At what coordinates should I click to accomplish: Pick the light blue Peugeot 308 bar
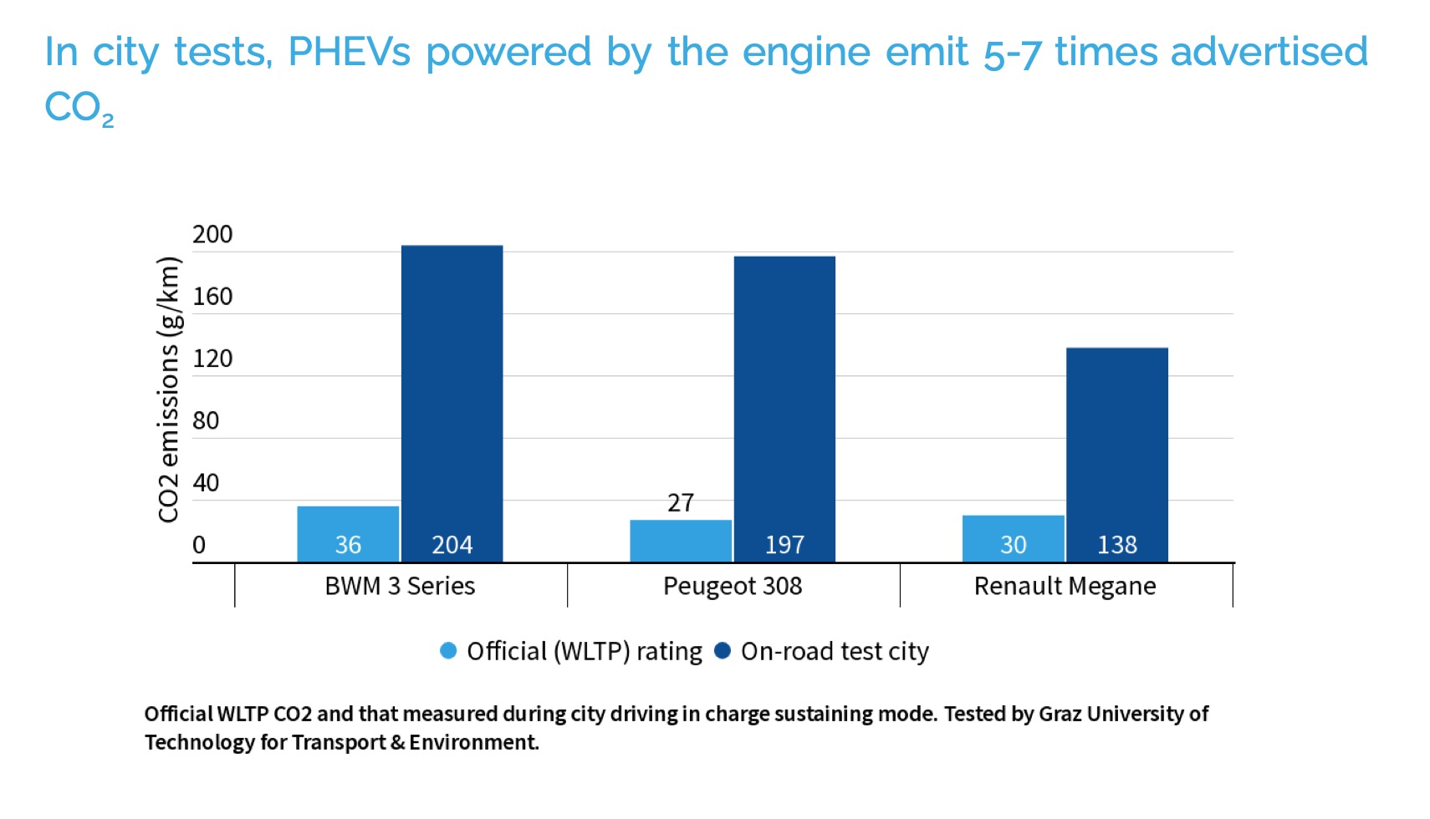point(681,541)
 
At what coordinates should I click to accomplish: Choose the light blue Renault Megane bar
point(1013,538)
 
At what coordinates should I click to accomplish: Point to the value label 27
point(681,502)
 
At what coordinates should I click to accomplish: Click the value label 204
point(452,545)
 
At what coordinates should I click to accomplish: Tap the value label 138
point(1116,545)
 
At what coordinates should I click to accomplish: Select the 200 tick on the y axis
point(212,235)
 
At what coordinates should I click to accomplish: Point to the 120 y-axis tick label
point(212,359)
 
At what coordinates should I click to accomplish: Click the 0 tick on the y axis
point(199,545)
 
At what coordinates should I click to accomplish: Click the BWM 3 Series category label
point(400,586)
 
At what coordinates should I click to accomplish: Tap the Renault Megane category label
point(1065,586)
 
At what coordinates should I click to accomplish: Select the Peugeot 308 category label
point(733,586)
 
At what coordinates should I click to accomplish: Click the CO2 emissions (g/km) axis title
point(168,389)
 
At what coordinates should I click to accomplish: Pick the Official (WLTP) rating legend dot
point(448,651)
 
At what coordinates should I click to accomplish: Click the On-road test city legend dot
point(723,651)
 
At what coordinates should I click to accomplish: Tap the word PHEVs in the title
point(349,52)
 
